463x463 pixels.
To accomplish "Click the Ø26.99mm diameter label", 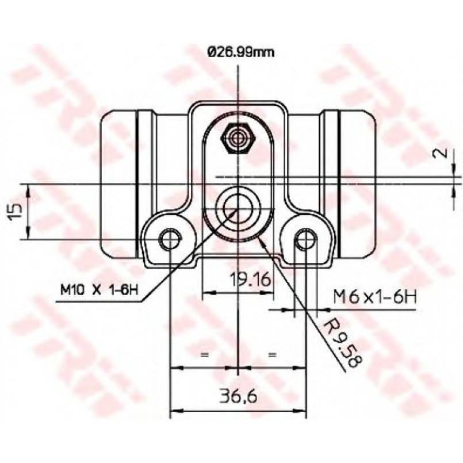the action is point(240,52).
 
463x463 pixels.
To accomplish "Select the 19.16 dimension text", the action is point(250,280).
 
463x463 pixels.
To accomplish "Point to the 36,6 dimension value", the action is point(238,396).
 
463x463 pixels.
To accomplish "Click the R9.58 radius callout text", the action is point(343,343).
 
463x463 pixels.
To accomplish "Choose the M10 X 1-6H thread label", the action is point(99,290).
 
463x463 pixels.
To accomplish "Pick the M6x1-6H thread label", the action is point(374,297).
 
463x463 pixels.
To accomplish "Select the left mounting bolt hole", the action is point(170,239).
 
